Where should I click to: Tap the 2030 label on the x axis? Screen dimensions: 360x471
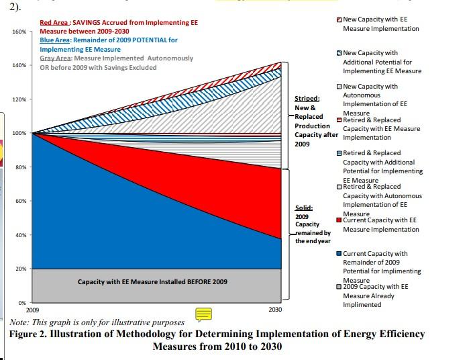click(275, 310)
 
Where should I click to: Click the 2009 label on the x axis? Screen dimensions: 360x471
click(32, 310)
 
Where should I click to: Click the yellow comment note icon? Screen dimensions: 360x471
click(203, 314)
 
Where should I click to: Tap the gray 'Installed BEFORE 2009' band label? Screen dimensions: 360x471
click(152, 282)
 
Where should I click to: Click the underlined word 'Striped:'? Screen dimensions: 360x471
click(308, 99)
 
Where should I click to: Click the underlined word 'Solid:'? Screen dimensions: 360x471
click(303, 208)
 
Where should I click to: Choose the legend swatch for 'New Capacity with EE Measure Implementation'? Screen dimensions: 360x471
click(339, 20)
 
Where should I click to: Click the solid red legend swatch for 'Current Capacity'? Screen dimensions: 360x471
click(339, 220)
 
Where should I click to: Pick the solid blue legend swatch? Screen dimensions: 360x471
click(339, 254)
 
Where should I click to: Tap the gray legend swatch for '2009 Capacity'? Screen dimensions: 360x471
click(339, 287)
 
